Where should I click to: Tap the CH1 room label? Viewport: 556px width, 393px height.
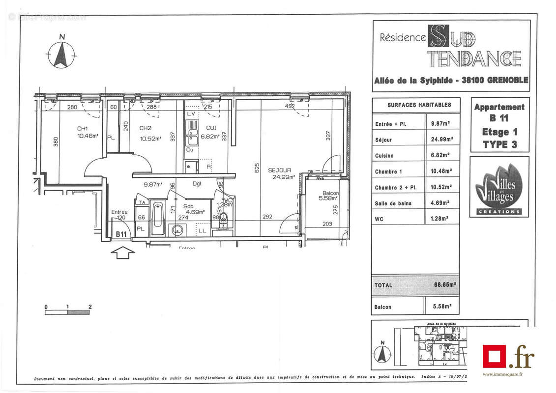82,129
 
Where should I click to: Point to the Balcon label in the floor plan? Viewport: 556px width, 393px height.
330,193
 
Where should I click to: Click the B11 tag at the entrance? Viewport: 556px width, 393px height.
121,234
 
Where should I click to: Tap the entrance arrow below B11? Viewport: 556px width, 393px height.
123,253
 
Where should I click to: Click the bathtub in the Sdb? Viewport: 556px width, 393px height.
158,218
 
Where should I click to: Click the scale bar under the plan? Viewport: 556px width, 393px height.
68,311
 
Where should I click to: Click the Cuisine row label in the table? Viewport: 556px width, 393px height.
384,156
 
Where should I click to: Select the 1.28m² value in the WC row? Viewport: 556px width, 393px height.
442,219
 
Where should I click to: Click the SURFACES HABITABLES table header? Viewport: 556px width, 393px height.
419,105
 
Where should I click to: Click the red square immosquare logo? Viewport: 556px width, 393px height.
494,356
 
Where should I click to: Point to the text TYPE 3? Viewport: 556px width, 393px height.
499,144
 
